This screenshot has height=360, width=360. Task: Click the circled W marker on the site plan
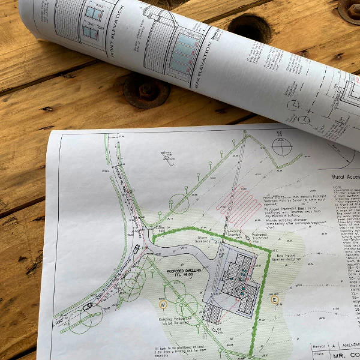click(162, 304)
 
